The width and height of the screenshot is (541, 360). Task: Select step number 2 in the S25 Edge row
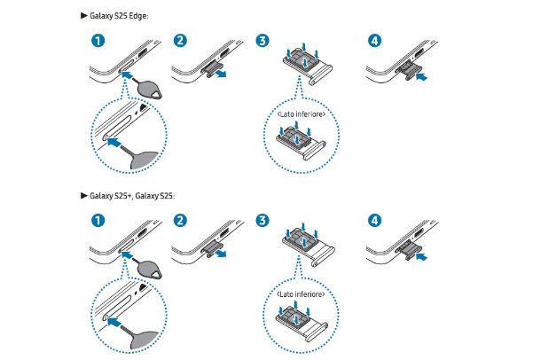coord(180,41)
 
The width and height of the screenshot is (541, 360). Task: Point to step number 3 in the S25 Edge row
coord(261,41)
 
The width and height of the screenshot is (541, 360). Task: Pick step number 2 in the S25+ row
coord(180,218)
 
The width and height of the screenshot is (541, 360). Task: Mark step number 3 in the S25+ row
coord(261,218)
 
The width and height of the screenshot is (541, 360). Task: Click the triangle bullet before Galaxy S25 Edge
coord(83,17)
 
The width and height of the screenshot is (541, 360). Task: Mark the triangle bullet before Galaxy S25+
coord(83,194)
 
